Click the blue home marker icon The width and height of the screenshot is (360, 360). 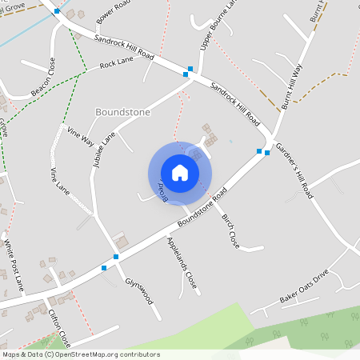180,173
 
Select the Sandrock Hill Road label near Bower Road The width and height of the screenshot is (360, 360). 124,47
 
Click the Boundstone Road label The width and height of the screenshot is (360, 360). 202,206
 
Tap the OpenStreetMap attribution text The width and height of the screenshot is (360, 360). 80,354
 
